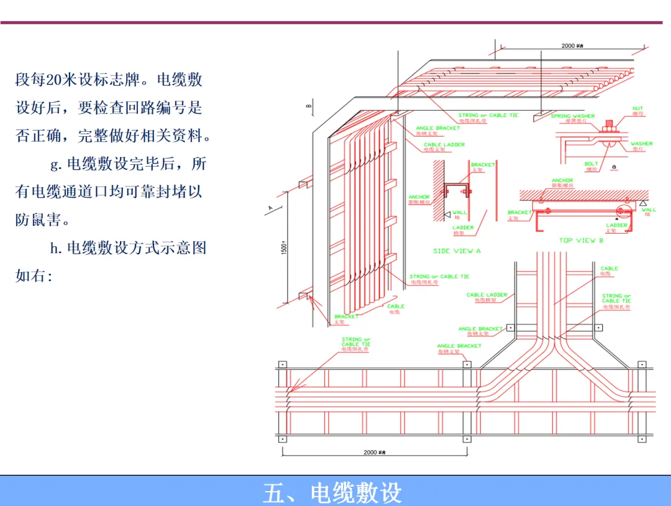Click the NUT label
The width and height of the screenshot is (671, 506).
click(x=637, y=109)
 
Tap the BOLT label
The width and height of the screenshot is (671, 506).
click(x=591, y=164)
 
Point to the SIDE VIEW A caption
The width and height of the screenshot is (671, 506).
click(x=457, y=251)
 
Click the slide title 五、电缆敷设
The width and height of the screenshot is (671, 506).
click(x=332, y=492)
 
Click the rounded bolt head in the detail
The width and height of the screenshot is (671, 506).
click(x=607, y=145)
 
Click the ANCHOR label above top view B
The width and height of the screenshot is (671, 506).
click(x=562, y=181)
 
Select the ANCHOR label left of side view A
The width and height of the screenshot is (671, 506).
click(x=419, y=197)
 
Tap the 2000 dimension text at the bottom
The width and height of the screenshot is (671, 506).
click(x=370, y=452)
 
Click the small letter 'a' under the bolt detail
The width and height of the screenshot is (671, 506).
click(x=613, y=167)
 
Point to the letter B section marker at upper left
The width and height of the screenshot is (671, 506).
click(x=308, y=106)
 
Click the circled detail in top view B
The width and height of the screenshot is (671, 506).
click(x=622, y=211)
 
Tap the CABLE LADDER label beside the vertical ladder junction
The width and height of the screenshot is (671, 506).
click(x=486, y=295)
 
